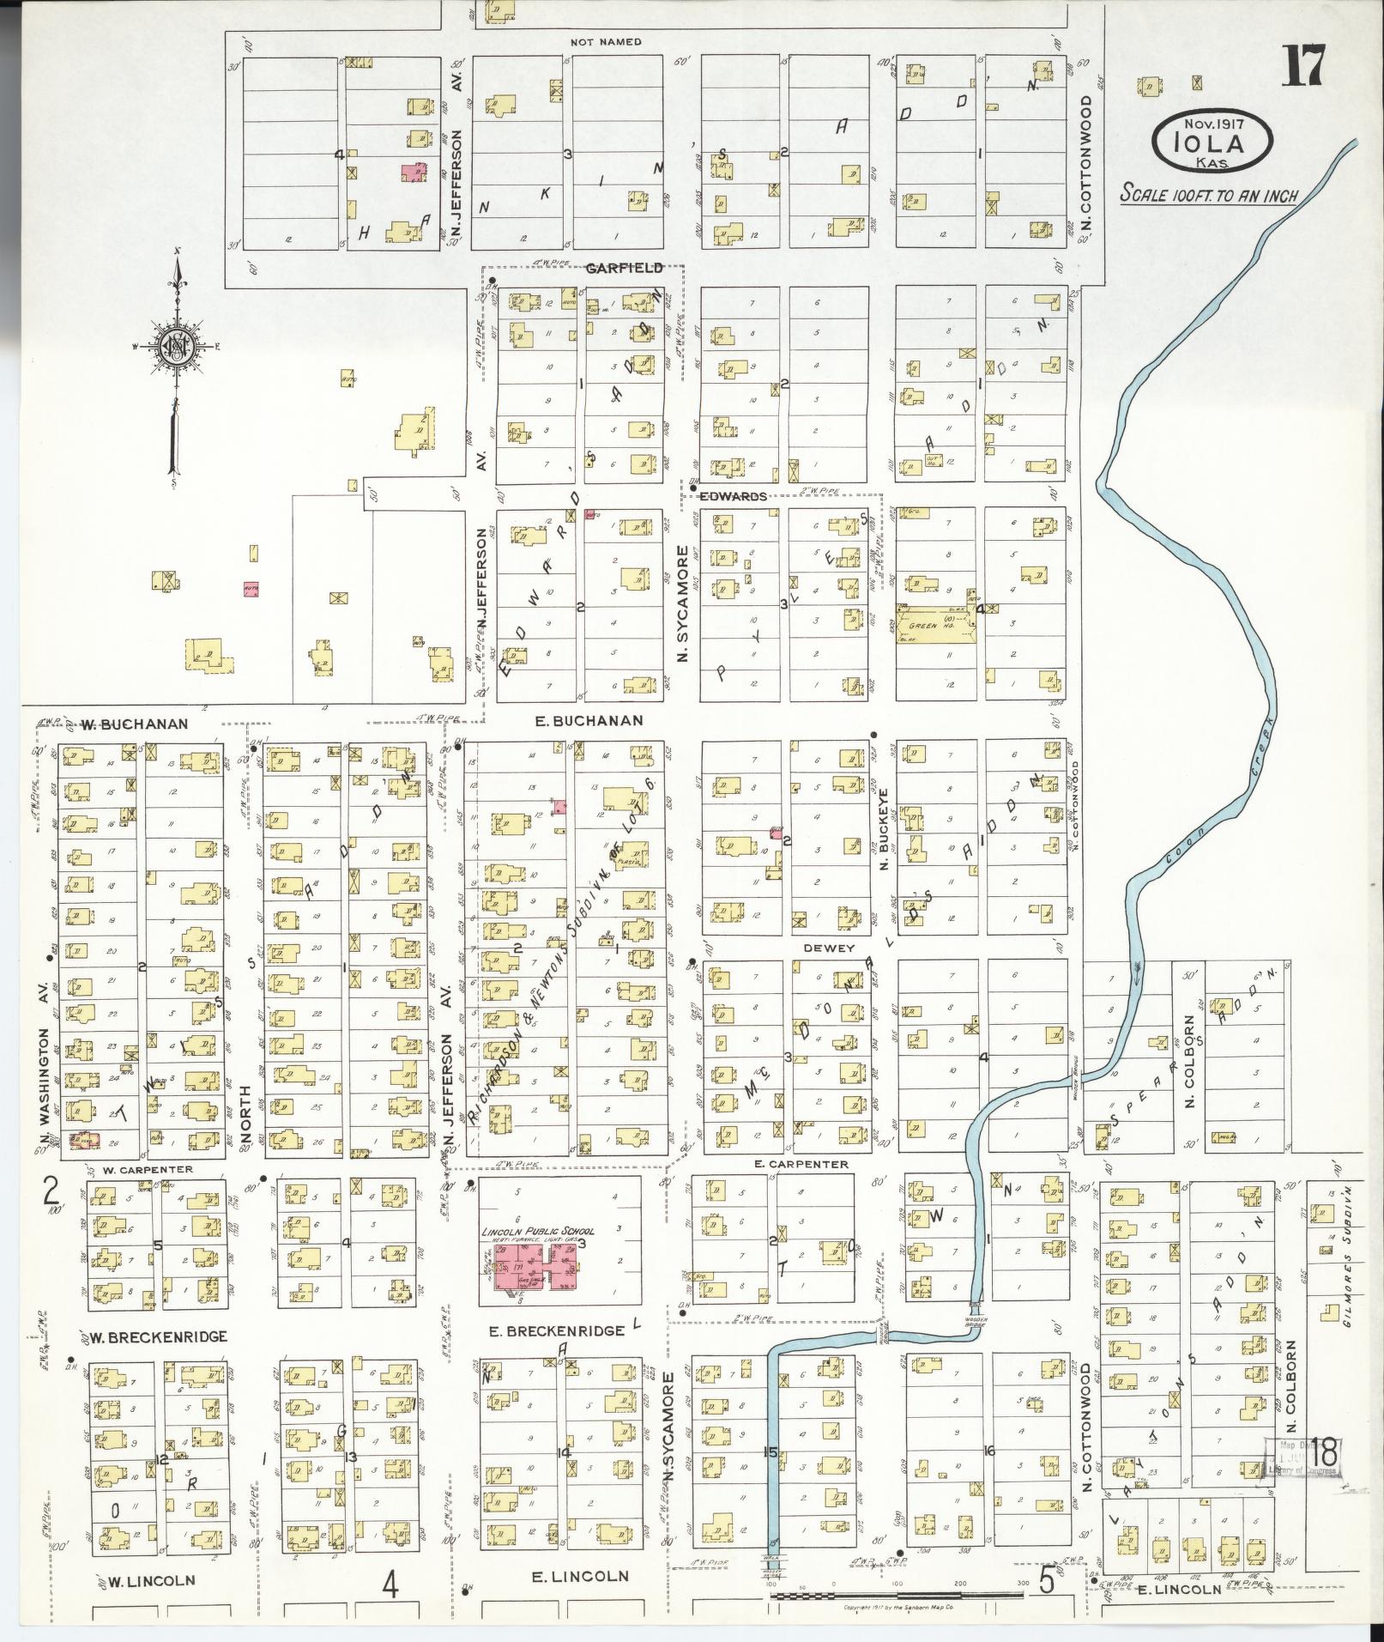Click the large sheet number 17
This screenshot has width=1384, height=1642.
(x=1305, y=66)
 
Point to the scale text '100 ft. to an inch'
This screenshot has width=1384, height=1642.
(x=1208, y=195)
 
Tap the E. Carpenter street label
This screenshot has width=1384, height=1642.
(x=802, y=1164)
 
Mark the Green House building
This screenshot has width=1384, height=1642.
(x=936, y=625)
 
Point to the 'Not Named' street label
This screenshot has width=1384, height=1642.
(x=606, y=41)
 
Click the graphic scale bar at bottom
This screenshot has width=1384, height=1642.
(x=897, y=1595)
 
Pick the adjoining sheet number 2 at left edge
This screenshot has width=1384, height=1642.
(x=51, y=1191)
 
